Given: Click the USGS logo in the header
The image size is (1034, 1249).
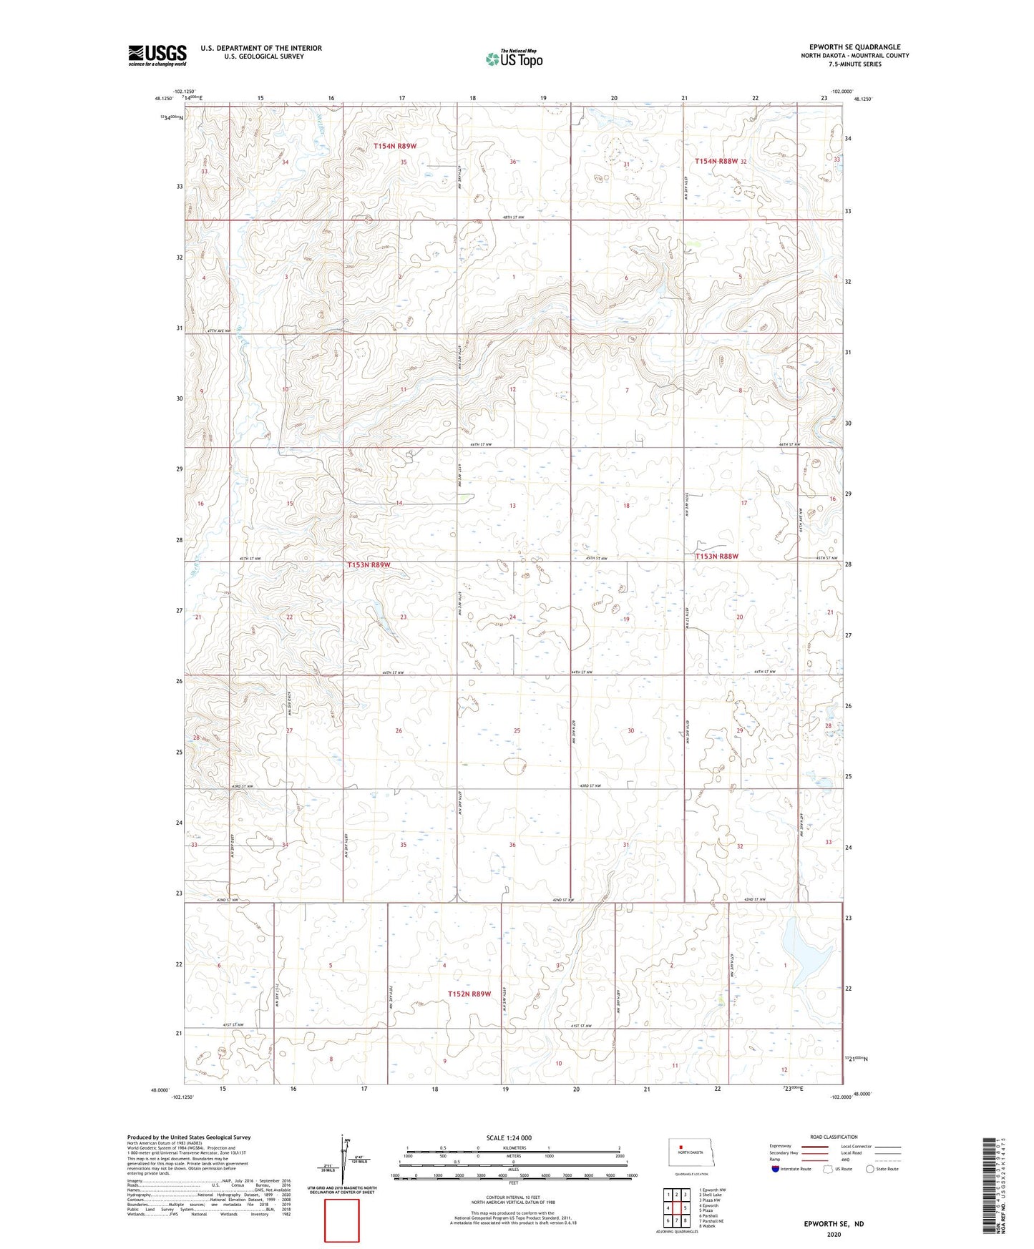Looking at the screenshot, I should click(157, 54).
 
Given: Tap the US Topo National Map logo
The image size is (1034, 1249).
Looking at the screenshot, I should click(513, 59).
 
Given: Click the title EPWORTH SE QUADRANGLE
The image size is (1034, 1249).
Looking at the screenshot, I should click(851, 47).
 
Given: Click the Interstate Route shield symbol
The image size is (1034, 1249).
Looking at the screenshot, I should click(776, 1169).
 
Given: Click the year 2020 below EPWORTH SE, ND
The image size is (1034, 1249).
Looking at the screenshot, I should click(834, 1234).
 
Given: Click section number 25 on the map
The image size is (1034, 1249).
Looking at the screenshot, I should click(517, 730).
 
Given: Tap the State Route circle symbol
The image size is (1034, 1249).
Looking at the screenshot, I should click(870, 1169).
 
